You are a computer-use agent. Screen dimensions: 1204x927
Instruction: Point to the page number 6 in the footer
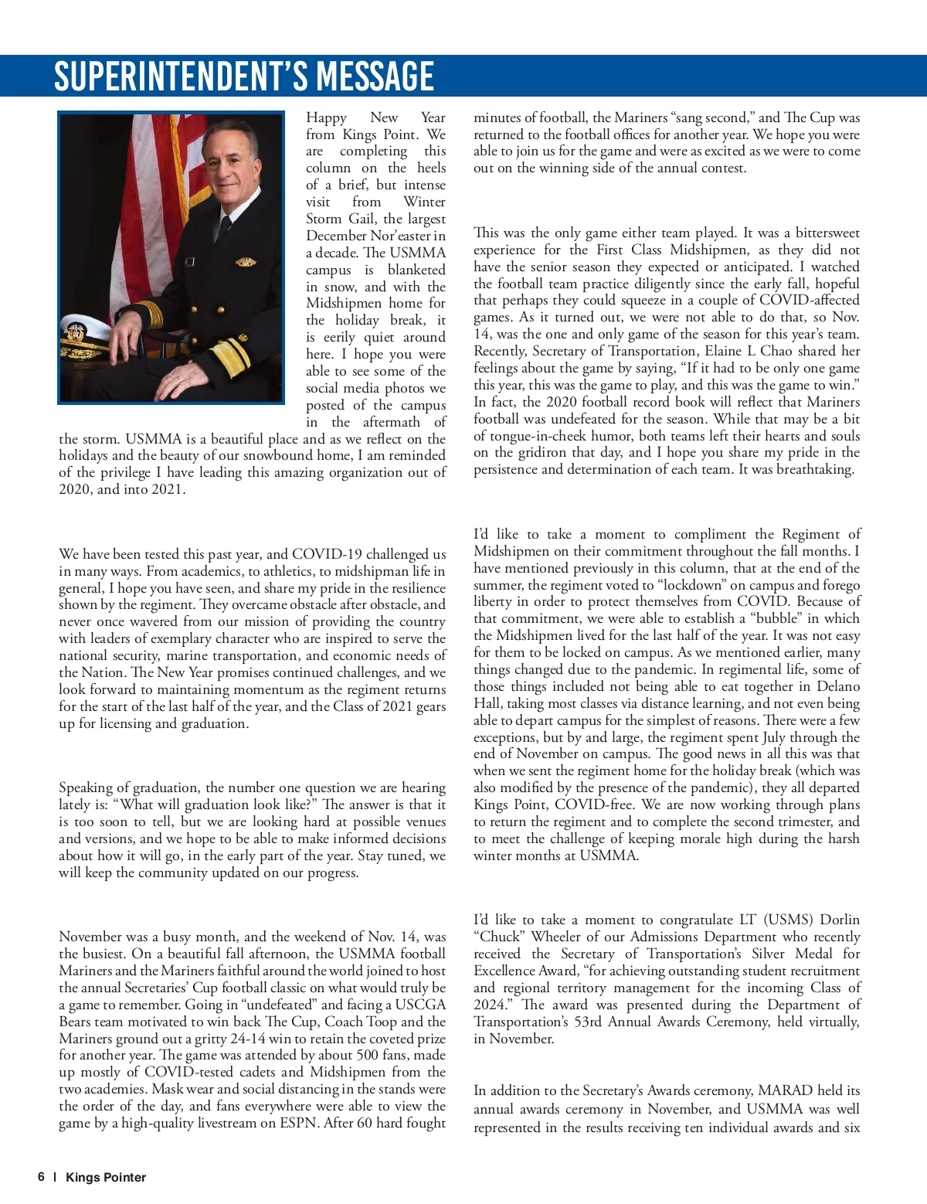click(41, 1177)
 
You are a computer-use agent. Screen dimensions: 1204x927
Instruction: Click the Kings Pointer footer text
click(106, 1177)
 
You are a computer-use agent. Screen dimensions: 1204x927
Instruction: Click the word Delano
click(838, 686)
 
